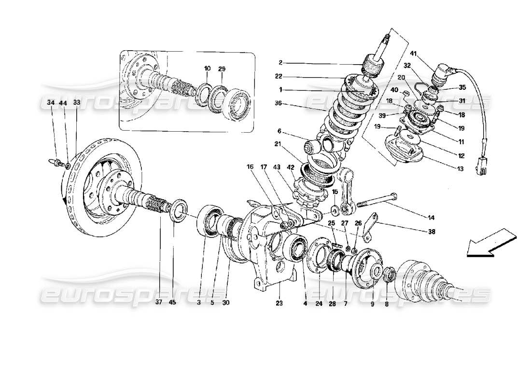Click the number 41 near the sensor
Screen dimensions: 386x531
(x=413, y=54)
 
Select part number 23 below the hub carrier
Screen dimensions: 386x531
(x=279, y=304)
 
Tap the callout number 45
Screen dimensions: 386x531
(x=173, y=304)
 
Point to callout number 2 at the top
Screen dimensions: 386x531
(x=280, y=63)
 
